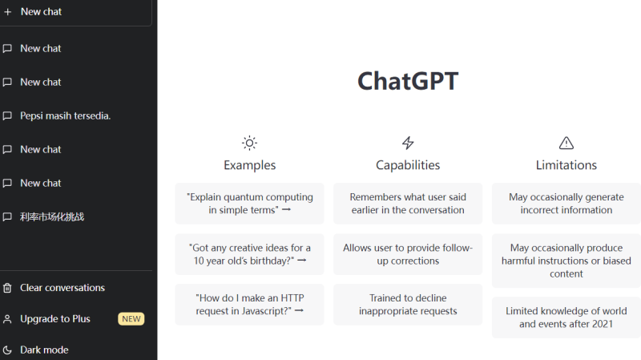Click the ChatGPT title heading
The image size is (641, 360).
pyautogui.click(x=408, y=82)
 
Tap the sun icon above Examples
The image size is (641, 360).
pyautogui.click(x=249, y=144)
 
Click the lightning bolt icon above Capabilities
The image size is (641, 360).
pyautogui.click(x=408, y=144)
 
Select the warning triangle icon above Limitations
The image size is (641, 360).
pyautogui.click(x=566, y=144)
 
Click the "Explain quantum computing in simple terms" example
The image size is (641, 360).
pyautogui.click(x=249, y=204)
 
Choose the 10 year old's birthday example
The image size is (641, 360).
pyautogui.click(x=249, y=254)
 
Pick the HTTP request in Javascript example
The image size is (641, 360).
pyautogui.click(x=249, y=304)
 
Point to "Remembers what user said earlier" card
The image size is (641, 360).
pyautogui.click(x=408, y=204)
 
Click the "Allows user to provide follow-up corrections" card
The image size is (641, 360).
pyautogui.click(x=408, y=254)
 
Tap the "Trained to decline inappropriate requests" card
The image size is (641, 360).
pyautogui.click(x=408, y=304)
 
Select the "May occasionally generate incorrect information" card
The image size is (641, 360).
pyautogui.click(x=566, y=204)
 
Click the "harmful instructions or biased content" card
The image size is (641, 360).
pyautogui.click(x=566, y=261)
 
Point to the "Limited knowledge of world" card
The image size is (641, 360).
pyautogui.click(x=566, y=317)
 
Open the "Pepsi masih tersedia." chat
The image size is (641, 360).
pyautogui.click(x=66, y=115)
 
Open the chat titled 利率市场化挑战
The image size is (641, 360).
pyautogui.click(x=52, y=216)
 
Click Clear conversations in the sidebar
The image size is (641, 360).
pyautogui.click(x=62, y=288)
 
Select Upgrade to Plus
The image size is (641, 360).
pyautogui.click(x=55, y=318)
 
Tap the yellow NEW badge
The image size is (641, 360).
pyautogui.click(x=131, y=319)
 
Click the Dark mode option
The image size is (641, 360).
pyautogui.click(x=44, y=350)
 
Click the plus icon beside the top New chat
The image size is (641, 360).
pyautogui.click(x=8, y=12)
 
